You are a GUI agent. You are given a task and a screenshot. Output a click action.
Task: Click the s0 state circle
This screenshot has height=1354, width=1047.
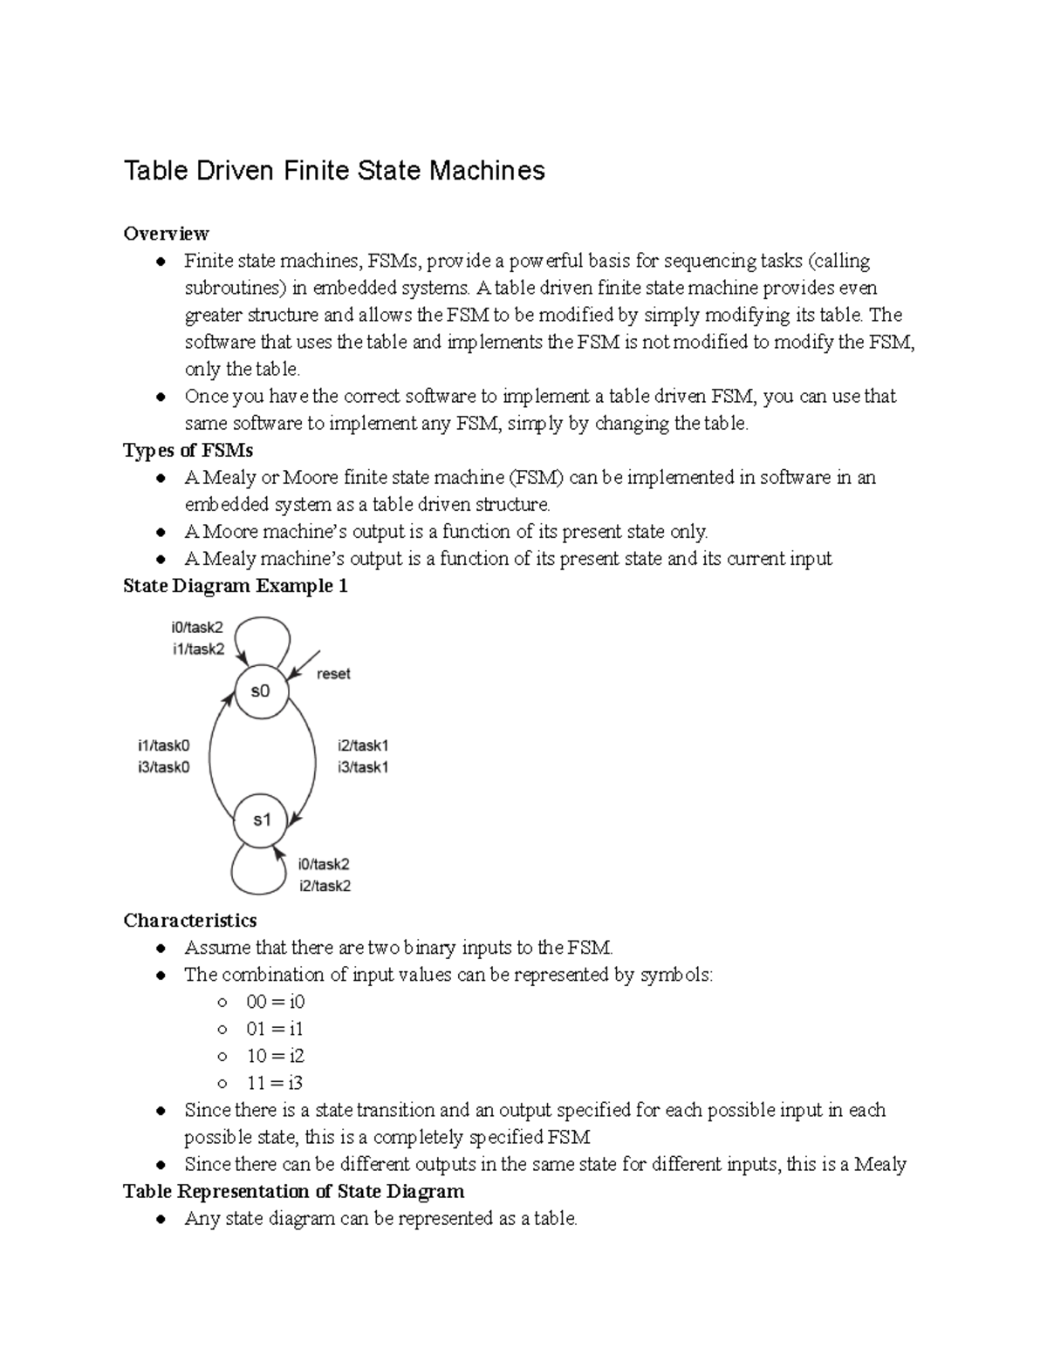coord(260,691)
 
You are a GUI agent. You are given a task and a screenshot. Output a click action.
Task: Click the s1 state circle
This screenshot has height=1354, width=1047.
coord(262,820)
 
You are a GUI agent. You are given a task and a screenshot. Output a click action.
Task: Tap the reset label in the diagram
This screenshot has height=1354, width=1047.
coord(333,674)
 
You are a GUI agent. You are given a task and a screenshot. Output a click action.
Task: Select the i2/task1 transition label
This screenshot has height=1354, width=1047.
coord(363,745)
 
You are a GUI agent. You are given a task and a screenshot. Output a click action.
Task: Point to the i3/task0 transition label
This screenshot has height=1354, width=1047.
coord(163,767)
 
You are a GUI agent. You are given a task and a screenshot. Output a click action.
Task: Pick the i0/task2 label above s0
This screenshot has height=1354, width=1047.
coord(198,627)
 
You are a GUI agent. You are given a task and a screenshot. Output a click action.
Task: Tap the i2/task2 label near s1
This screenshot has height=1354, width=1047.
coord(324,886)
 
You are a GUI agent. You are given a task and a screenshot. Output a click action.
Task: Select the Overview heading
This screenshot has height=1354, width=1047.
coord(166,233)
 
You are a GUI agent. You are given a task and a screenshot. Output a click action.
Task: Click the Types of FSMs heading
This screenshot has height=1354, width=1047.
coord(188,450)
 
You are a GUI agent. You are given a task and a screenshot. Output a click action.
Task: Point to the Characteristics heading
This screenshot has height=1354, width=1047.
coord(190,921)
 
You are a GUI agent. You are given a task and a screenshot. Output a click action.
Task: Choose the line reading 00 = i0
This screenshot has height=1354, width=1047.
coord(275,1002)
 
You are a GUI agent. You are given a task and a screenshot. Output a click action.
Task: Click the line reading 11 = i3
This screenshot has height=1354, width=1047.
coord(275,1083)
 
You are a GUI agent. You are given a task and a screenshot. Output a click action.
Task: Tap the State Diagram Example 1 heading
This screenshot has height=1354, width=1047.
coord(236,586)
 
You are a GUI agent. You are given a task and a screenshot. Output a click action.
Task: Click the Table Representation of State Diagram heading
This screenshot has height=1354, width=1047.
coord(293,1191)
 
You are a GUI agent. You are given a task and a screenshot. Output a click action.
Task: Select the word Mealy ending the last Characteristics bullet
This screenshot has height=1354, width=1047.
coord(880,1164)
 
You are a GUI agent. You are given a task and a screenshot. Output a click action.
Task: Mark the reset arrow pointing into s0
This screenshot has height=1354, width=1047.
coord(305,663)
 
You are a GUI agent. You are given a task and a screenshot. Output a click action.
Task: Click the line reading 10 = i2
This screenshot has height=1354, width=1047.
coord(275,1056)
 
